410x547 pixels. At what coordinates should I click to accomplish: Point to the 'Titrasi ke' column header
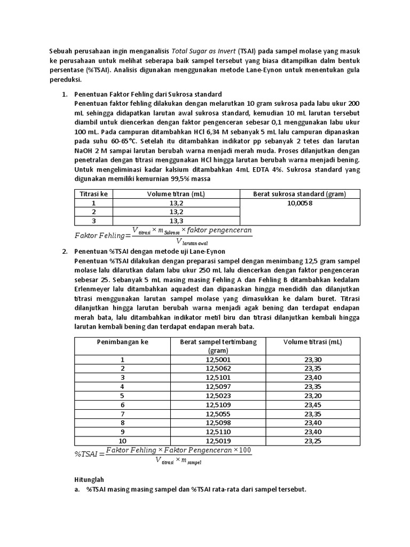[x=93, y=193]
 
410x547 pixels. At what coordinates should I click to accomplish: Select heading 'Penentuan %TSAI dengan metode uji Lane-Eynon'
[x=150, y=251]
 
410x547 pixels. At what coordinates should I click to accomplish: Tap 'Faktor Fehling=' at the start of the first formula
[x=102, y=236]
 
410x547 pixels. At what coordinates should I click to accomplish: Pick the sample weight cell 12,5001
[x=218, y=360]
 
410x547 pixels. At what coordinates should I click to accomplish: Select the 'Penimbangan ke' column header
[x=122, y=342]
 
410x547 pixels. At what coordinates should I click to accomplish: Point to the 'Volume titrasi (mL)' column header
[x=313, y=342]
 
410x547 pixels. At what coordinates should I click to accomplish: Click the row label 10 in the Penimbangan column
[x=122, y=441]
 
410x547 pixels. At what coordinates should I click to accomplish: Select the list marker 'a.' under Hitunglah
[x=77, y=489]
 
